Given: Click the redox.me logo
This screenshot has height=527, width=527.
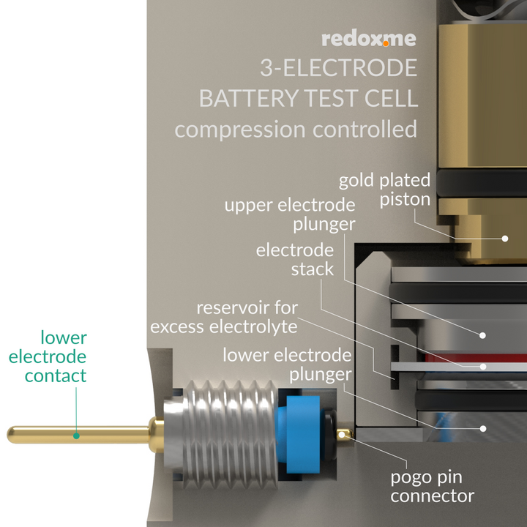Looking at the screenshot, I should point(369,39).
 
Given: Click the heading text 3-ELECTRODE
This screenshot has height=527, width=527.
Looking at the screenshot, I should point(338,68).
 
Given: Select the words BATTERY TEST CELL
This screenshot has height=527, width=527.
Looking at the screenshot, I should point(308,98).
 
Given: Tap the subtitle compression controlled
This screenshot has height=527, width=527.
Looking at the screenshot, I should point(296,130).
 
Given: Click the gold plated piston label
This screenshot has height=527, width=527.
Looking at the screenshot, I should point(384,190).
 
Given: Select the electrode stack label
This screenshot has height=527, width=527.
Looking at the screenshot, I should point(294,259).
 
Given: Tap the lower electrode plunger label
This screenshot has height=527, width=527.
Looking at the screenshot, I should point(287,365).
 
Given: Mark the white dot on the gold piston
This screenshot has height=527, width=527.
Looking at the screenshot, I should point(504,238).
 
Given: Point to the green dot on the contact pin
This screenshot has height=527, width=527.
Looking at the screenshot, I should point(75,436).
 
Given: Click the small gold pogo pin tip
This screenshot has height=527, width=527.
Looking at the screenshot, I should point(345,436).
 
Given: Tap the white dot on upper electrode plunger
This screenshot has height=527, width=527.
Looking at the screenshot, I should point(482,334).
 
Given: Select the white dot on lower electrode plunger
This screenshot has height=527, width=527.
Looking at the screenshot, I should point(483,427).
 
